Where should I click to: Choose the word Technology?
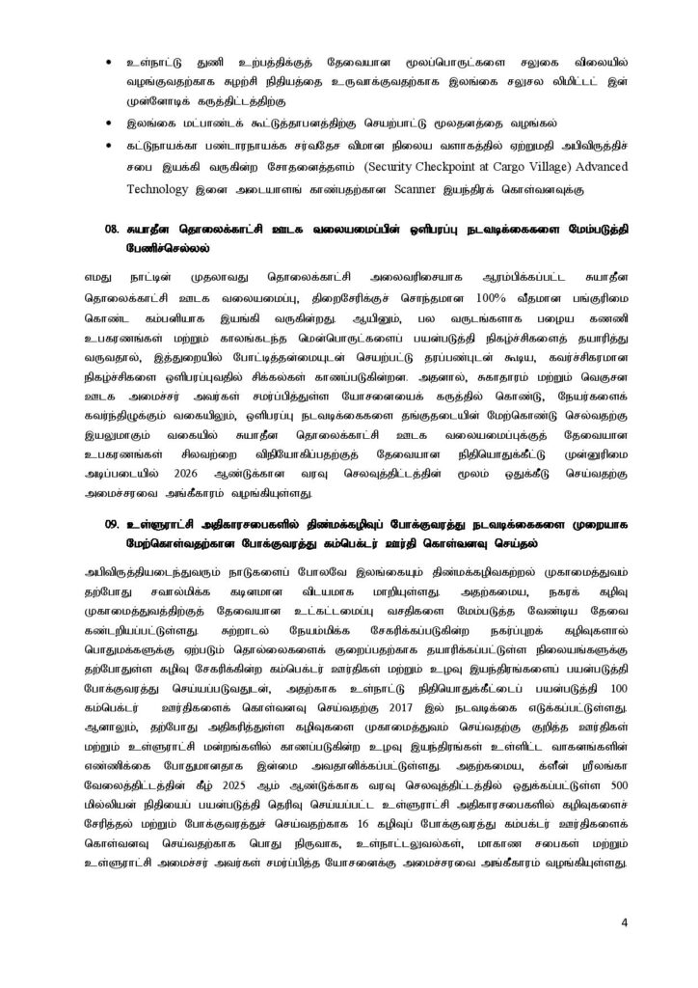pyautogui.click(x=157, y=192)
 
